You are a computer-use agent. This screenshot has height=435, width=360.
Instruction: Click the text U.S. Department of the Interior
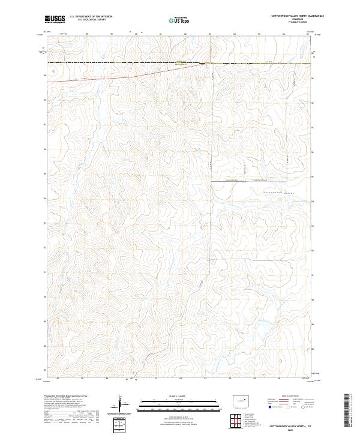point(91,16)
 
